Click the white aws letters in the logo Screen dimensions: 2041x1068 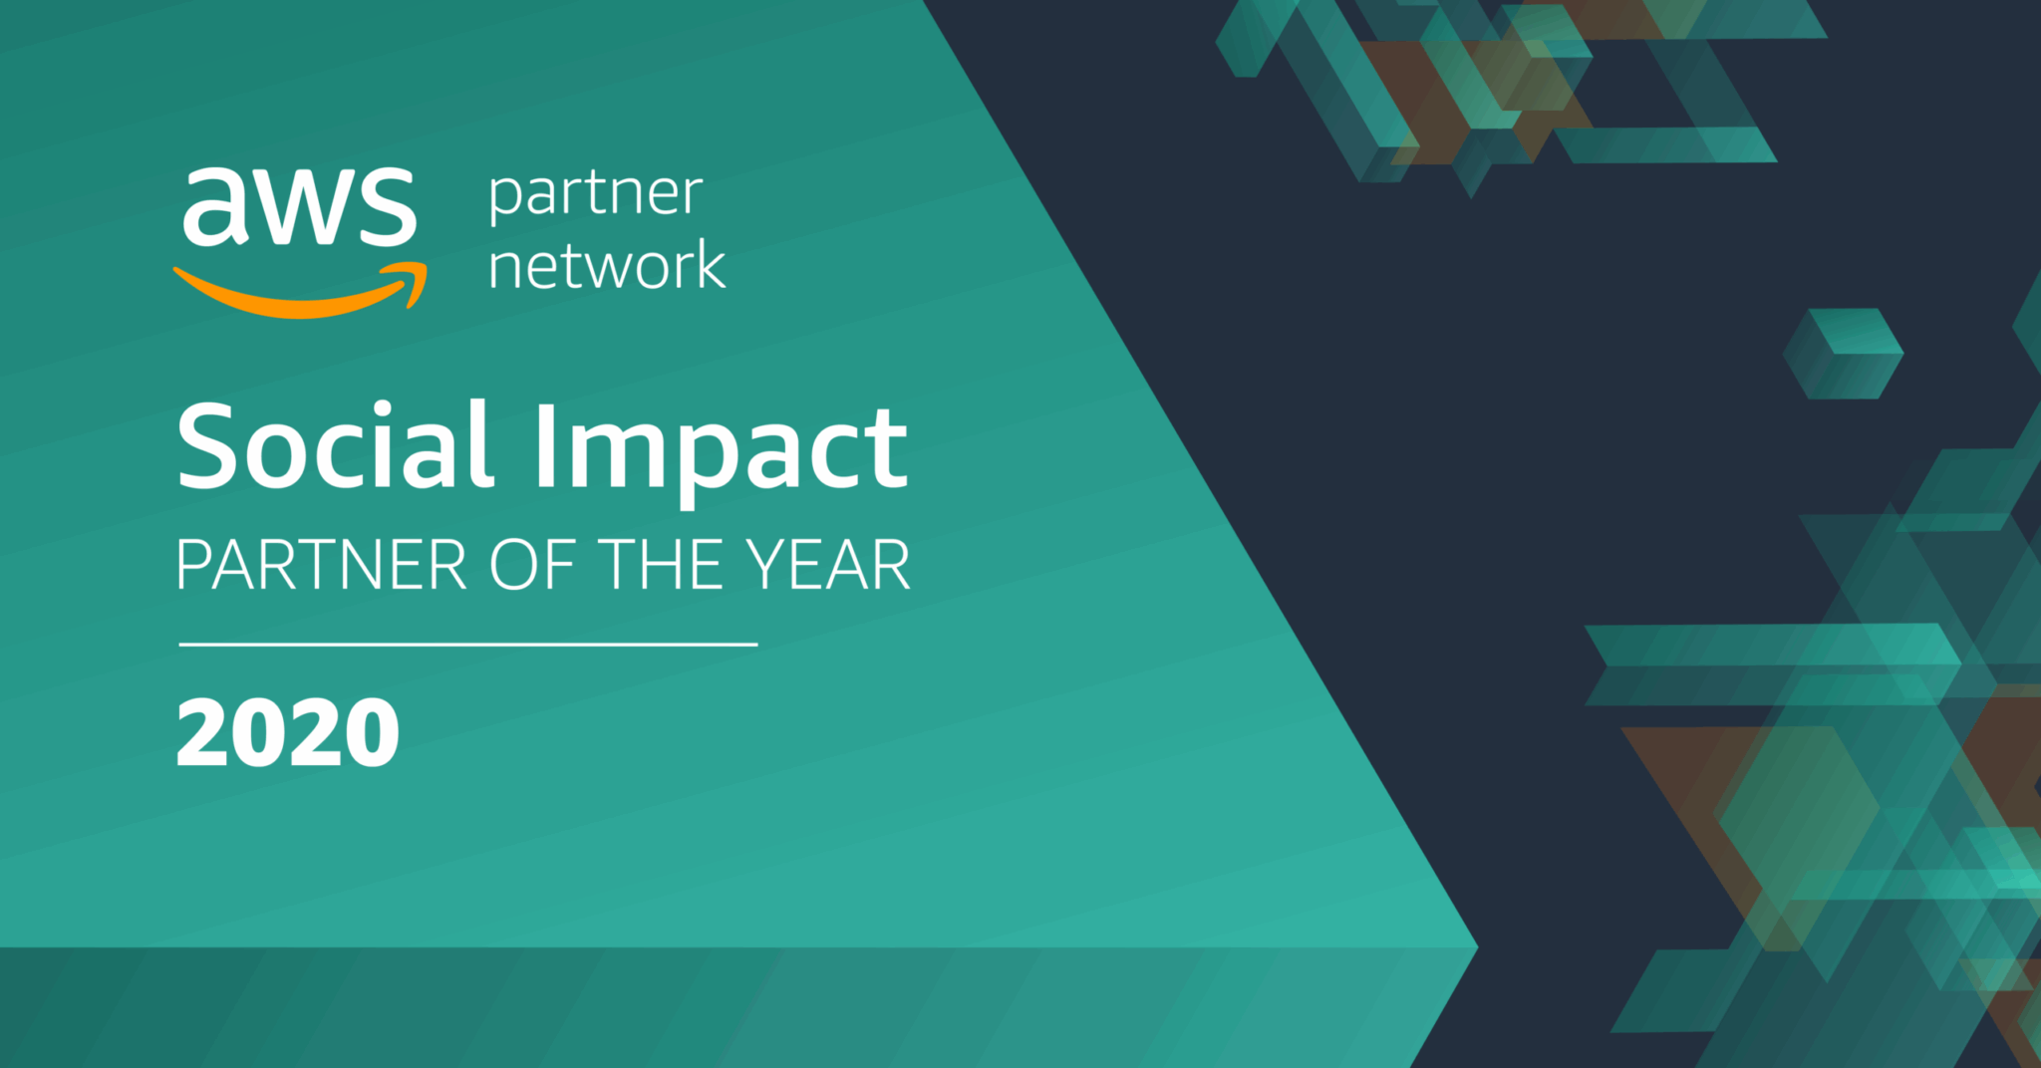[x=299, y=205]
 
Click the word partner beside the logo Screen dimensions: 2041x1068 [x=596, y=196]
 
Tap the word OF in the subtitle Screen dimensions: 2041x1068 [x=532, y=565]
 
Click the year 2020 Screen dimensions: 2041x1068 [x=288, y=733]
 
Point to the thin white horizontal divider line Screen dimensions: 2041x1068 [x=468, y=645]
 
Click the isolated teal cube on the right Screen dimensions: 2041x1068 [x=1843, y=354]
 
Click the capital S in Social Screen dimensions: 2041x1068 [x=209, y=444]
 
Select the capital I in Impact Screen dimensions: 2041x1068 [x=545, y=445]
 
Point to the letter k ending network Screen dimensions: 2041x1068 [x=709, y=264]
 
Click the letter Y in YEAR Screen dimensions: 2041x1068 [x=769, y=565]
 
